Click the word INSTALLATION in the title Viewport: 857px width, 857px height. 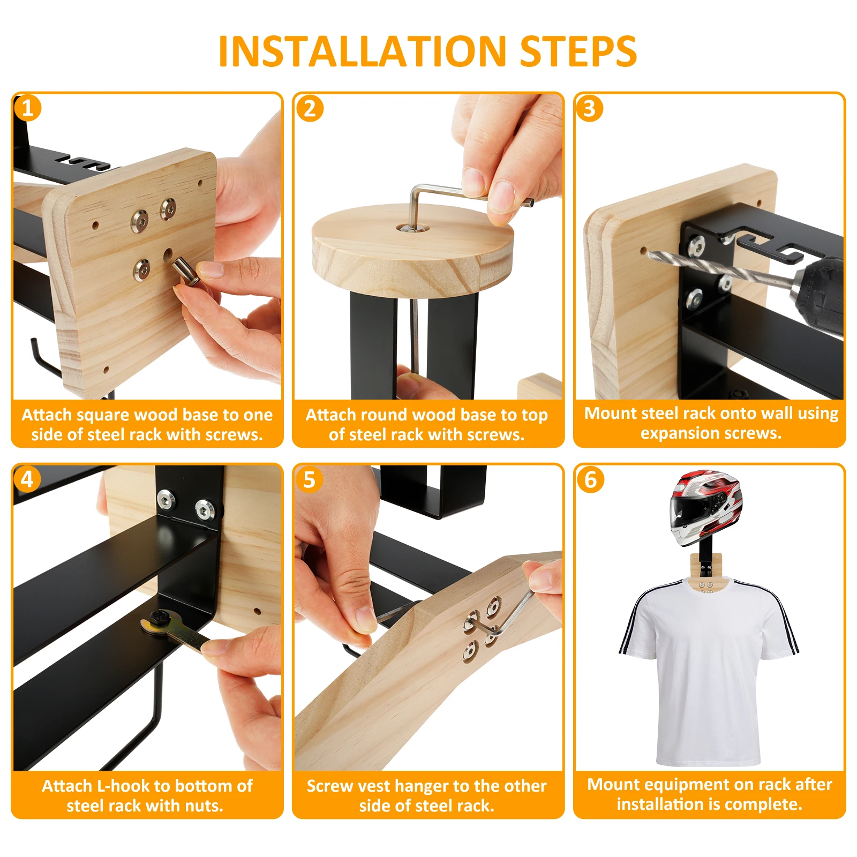point(362,51)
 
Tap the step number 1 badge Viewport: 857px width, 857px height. point(27,108)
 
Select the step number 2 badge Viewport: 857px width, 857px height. point(310,108)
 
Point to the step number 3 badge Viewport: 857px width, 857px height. point(590,108)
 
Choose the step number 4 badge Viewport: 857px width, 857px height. point(27,479)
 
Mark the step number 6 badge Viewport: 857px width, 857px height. point(590,479)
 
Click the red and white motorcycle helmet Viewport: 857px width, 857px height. point(705,507)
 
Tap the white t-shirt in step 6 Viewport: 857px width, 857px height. point(708,670)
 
